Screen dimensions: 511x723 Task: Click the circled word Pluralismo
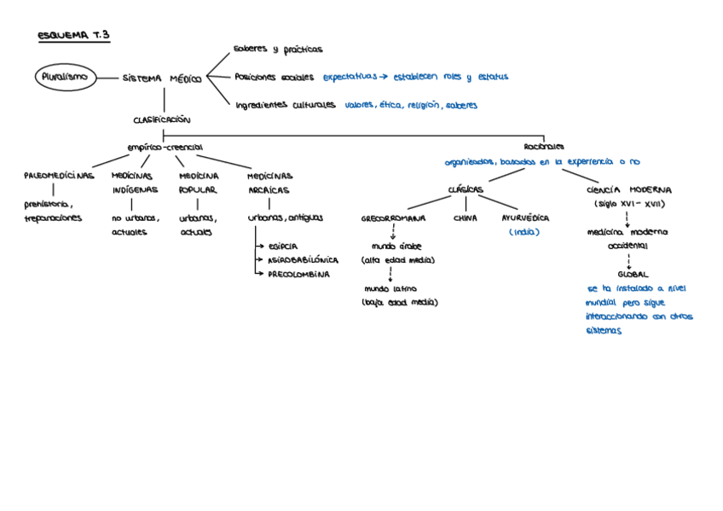coord(65,77)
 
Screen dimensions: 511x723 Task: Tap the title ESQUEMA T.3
coord(74,36)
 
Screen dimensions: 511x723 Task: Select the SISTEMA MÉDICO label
coord(162,78)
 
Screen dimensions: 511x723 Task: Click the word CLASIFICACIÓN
coord(162,119)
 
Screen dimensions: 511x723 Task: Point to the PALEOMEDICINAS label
coord(59,176)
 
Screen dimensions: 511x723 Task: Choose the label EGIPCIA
coord(283,246)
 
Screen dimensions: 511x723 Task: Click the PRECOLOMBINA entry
coord(298,275)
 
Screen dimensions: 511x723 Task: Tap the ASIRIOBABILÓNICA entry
coord(303,260)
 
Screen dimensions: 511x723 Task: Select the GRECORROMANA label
coord(393,218)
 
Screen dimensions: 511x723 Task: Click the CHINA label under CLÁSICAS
coord(465,218)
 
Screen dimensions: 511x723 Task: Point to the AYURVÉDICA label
coord(525,218)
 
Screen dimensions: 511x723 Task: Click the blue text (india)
coord(524,232)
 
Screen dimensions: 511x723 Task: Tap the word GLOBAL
coord(632,275)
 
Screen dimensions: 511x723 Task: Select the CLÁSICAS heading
coord(466,189)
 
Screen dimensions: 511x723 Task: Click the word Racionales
coord(543,147)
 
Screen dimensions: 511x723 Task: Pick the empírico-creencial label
coord(165,148)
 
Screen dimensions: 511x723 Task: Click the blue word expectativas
coord(350,77)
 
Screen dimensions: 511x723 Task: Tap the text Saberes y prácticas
coord(278,49)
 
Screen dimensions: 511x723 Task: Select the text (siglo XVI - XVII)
coord(629,205)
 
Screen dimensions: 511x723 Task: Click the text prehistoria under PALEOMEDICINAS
coord(48,205)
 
